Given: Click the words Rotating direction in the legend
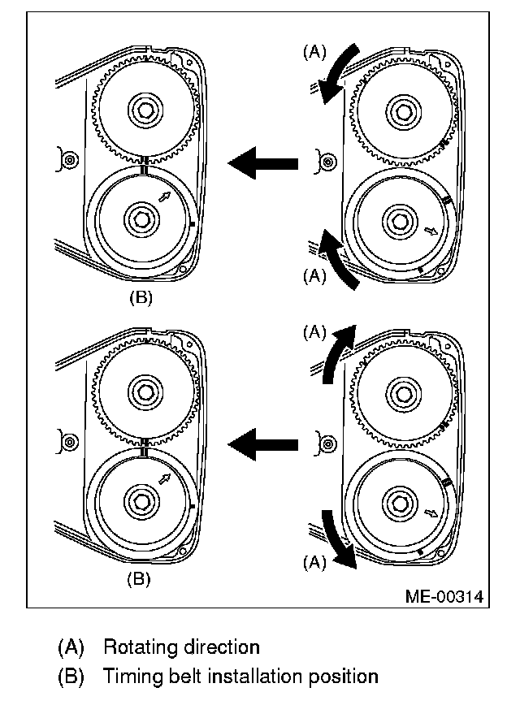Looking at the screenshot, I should point(181,647).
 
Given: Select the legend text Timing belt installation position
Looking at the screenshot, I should point(240,676).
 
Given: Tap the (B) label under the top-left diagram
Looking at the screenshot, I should point(141,298).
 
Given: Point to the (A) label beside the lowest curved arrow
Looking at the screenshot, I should point(314,560).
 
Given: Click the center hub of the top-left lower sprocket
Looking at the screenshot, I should point(141,218).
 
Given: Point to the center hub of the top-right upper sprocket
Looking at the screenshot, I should point(401,109).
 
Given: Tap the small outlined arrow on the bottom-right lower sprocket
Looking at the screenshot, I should point(431,513).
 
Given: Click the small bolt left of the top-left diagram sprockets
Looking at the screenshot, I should point(71,160).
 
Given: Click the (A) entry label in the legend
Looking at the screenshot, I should point(71,647).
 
